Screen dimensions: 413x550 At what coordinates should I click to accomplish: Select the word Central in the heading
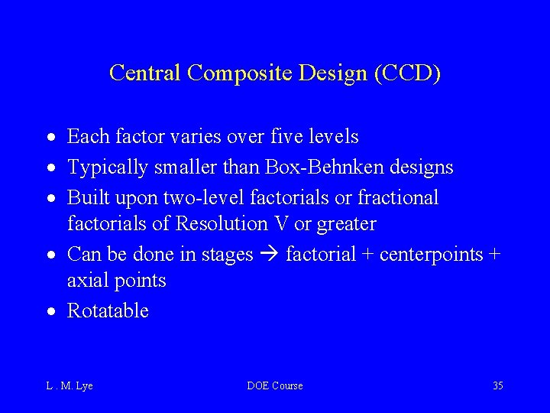point(145,73)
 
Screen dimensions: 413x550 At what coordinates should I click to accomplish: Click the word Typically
point(106,167)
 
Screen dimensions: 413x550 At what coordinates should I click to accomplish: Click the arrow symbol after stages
point(269,255)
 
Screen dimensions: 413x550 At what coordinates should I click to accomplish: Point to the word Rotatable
point(108,311)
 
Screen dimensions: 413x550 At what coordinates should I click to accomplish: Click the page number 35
point(497,385)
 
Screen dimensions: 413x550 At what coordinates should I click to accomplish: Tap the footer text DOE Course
point(275,385)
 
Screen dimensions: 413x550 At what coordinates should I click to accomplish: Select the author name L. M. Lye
point(70,385)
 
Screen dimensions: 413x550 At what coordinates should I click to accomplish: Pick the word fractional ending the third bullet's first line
point(399,197)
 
